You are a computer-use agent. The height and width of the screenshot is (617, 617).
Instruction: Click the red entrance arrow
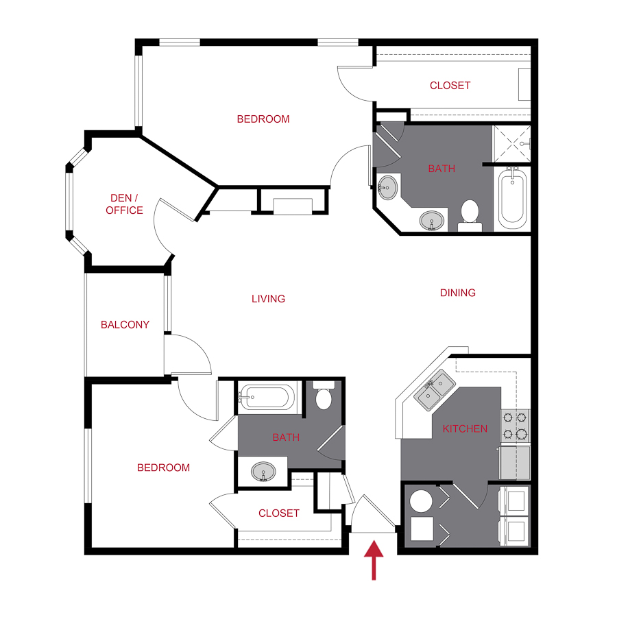coord(374,559)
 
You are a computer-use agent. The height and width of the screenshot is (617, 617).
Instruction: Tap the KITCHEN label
coord(465,429)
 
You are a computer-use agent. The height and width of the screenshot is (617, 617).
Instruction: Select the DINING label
coord(457,293)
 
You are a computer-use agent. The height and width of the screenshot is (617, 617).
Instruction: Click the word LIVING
coord(268,299)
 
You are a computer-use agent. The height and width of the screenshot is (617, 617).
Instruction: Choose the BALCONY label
coord(125,325)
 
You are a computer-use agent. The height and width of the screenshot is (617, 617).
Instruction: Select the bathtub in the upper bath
coord(511,199)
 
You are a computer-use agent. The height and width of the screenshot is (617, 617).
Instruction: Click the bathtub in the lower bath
coord(267,398)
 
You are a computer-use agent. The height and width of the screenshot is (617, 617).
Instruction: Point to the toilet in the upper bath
coord(470,213)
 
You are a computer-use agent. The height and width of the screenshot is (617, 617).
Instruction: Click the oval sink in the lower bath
coord(264,472)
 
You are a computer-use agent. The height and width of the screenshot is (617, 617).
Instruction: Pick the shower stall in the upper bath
coord(512,143)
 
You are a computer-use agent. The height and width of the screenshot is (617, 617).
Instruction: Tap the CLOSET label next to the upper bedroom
coord(450,86)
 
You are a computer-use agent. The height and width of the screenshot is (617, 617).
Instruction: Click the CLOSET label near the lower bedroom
coord(279,513)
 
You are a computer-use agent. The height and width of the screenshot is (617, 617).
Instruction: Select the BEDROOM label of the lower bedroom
coord(163,468)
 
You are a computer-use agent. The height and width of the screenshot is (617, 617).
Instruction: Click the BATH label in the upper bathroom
coord(441,169)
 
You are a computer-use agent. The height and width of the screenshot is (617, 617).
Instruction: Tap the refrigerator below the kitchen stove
coord(515,463)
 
